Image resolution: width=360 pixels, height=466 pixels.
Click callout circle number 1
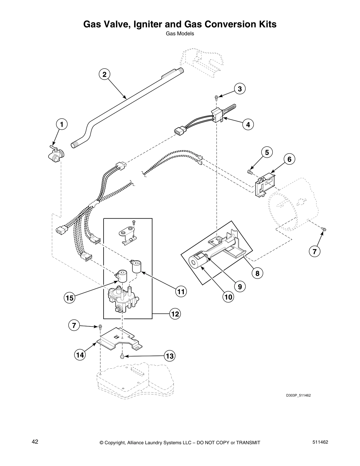[x=61, y=124]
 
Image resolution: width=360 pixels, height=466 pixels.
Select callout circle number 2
[x=104, y=74]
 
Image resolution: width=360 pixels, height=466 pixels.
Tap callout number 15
[x=69, y=298]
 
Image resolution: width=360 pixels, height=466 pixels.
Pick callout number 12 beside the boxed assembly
[x=175, y=314]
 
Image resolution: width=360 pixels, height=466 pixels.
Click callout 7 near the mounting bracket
[x=74, y=325]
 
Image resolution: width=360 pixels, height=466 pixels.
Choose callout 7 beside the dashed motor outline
[x=314, y=252]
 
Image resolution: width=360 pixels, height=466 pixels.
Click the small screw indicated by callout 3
[x=216, y=97]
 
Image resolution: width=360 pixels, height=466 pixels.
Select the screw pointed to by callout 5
[x=250, y=171]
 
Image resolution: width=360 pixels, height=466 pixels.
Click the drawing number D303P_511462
[x=298, y=395]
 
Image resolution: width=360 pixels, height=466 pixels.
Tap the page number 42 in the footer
[x=35, y=442]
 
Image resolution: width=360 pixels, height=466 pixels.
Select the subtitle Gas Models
[x=180, y=34]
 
